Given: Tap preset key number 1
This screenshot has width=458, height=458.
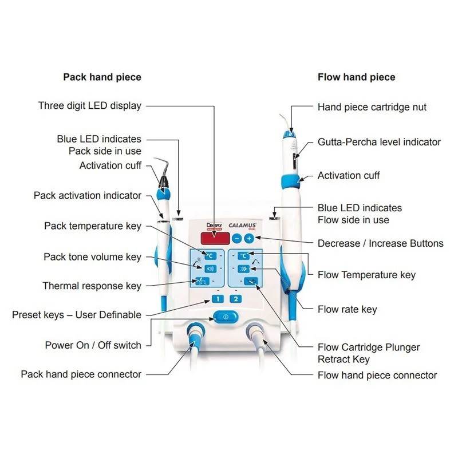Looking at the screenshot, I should (218, 298).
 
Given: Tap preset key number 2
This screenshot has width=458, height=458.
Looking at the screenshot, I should (235, 298).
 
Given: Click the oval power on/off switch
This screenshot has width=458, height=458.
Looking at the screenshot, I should (226, 316).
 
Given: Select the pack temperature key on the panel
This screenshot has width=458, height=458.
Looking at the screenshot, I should (208, 255).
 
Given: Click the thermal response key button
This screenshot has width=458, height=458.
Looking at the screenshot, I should (208, 281).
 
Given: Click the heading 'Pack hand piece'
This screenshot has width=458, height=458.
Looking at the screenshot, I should (102, 77).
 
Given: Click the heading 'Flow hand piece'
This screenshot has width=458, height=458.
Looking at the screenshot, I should (356, 77).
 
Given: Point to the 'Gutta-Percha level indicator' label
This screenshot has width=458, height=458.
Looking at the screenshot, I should (379, 141).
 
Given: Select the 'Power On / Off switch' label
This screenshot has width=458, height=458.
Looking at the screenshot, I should (93, 345).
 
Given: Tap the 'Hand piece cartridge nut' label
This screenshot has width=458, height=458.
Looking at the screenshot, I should (372, 107).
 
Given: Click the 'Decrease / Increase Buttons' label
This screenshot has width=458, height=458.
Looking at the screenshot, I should (380, 243).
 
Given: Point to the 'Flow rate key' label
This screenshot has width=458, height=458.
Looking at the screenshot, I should (347, 309).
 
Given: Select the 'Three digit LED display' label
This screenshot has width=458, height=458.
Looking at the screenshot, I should (89, 105).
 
